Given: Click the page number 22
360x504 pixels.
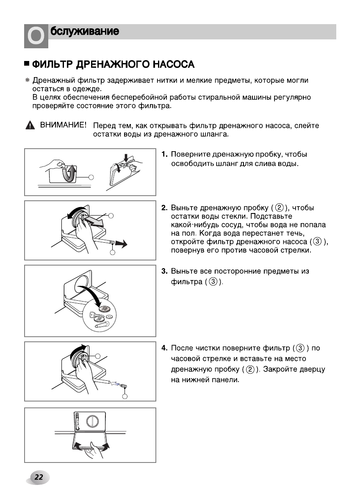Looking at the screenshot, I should (x=39, y=477).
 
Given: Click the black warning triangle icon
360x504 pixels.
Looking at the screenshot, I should (x=29, y=126).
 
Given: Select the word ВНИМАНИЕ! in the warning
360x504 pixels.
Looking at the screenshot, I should (x=64, y=125).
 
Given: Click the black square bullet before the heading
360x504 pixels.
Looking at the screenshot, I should (x=27, y=64).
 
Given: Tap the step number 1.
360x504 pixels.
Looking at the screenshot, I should (x=164, y=155).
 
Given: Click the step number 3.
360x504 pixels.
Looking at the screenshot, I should (x=164, y=271).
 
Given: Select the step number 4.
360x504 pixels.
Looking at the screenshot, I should (x=164, y=349).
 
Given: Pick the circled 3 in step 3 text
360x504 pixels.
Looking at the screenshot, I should (x=213, y=282).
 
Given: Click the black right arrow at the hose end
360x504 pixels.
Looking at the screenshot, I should (x=122, y=243).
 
